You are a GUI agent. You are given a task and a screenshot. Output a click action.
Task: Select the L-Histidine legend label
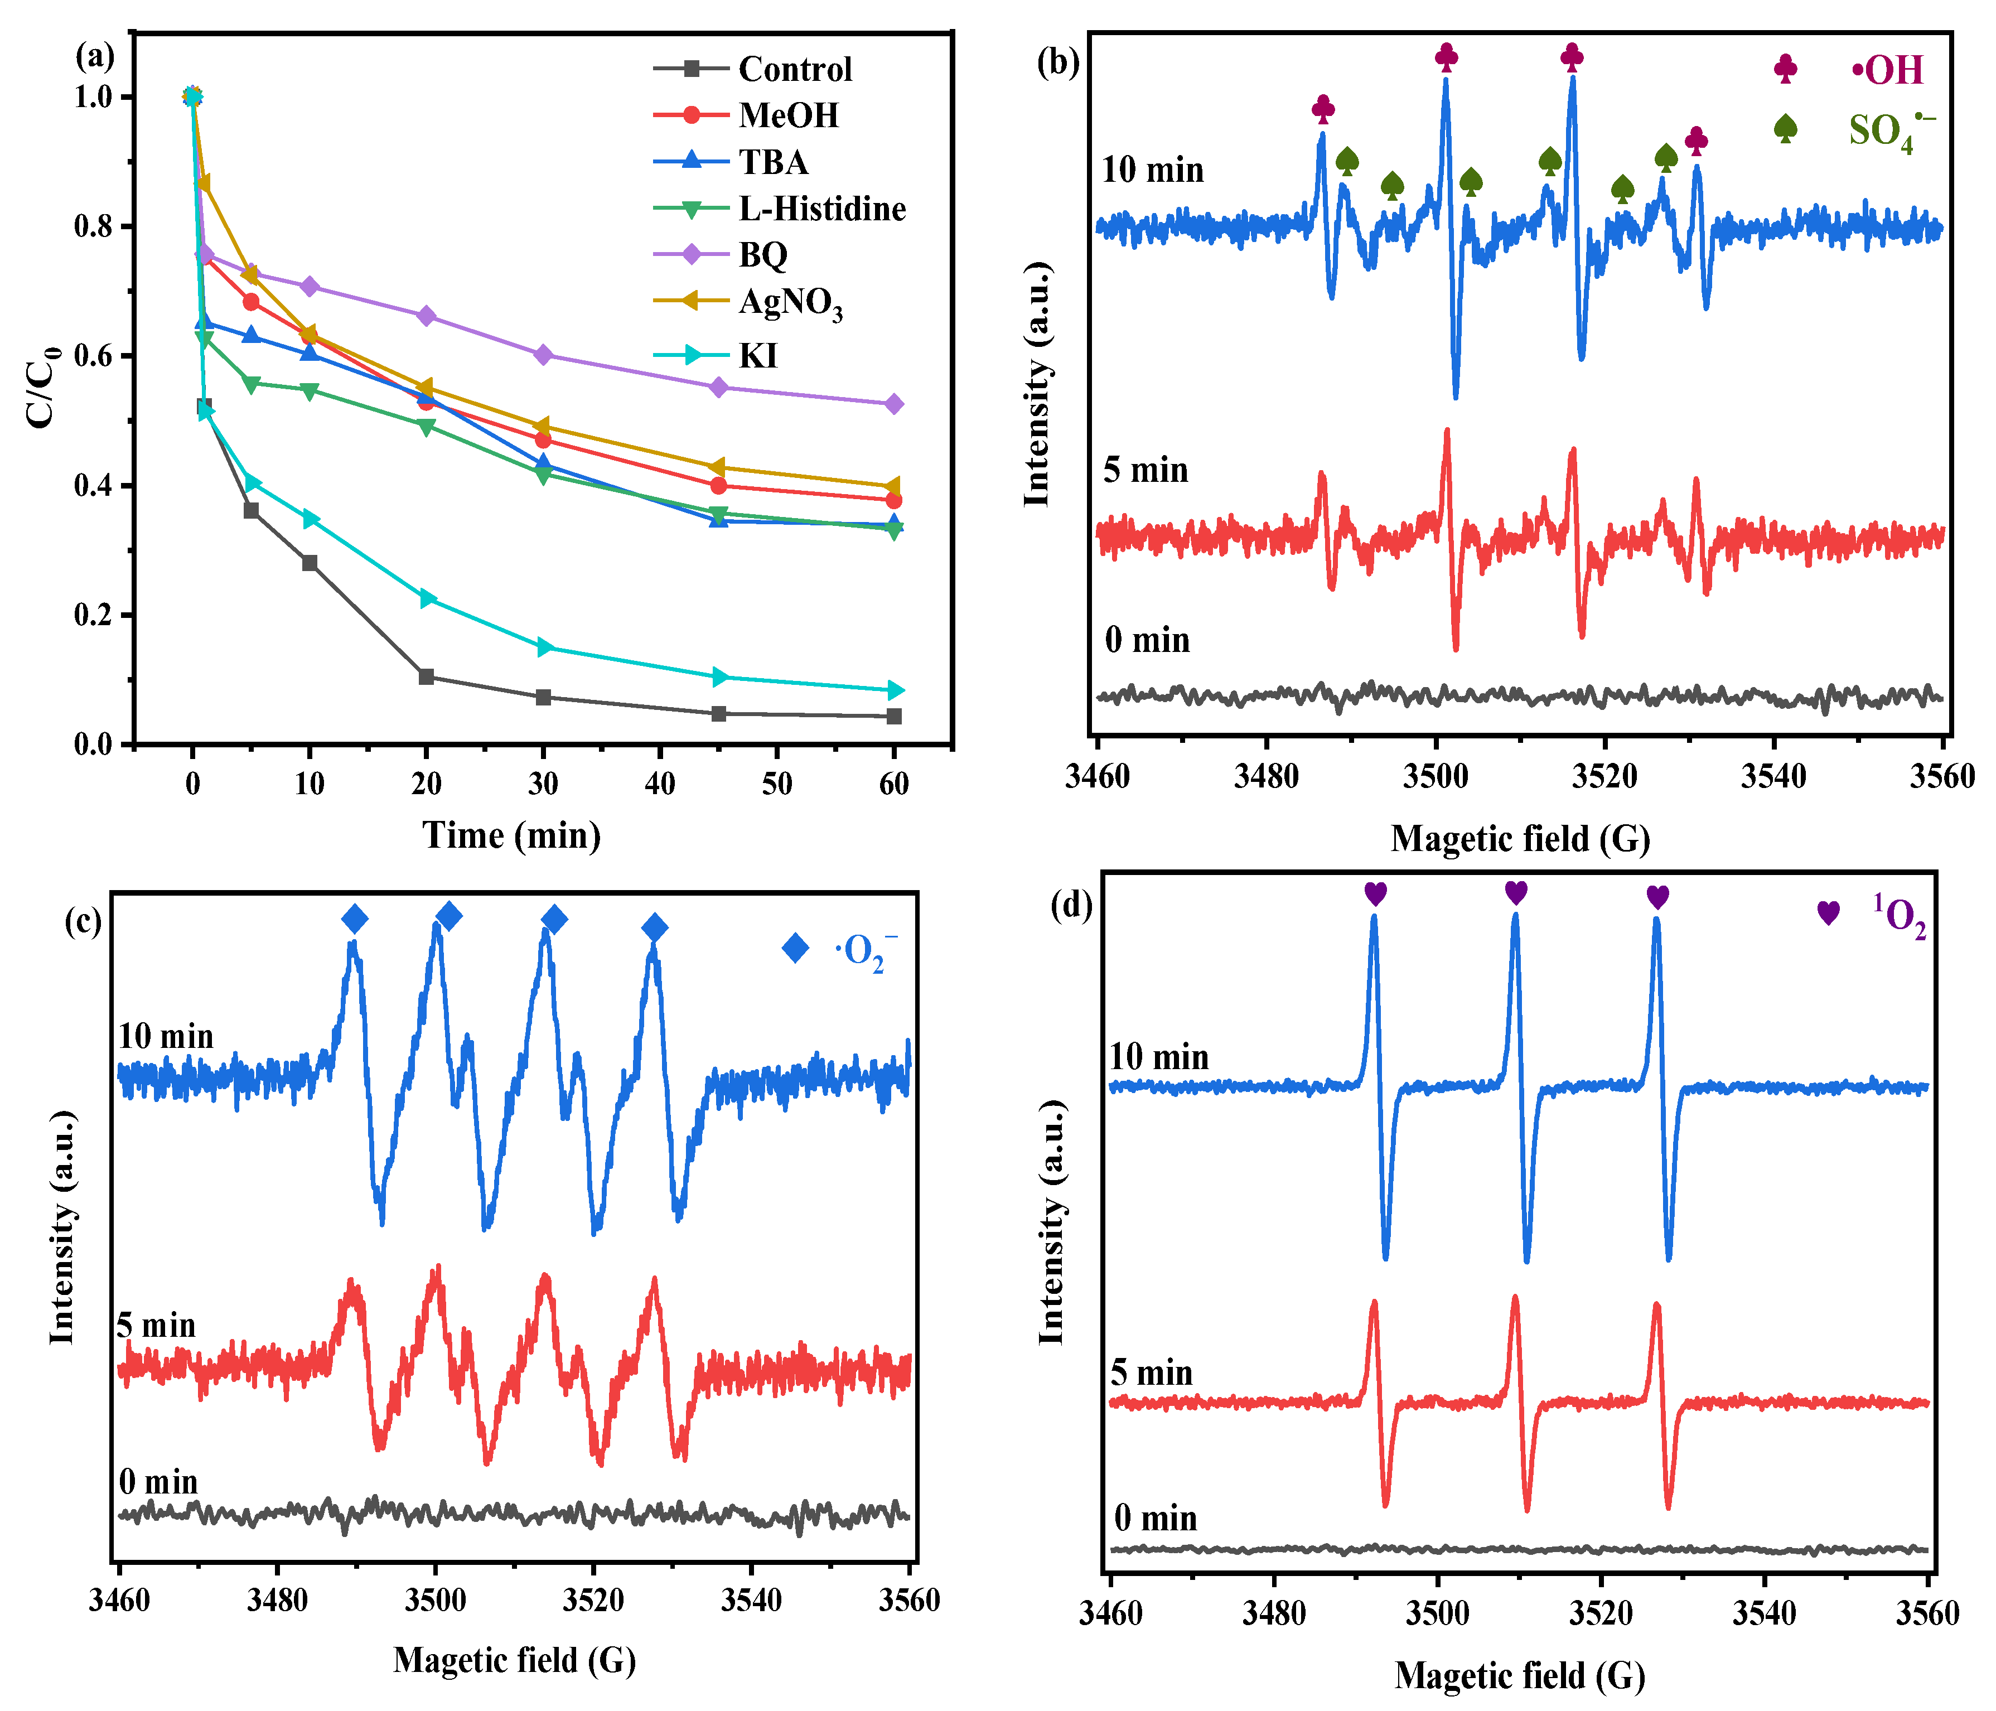click(821, 209)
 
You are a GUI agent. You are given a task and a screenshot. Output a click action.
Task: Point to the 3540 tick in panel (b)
click(1772, 776)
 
